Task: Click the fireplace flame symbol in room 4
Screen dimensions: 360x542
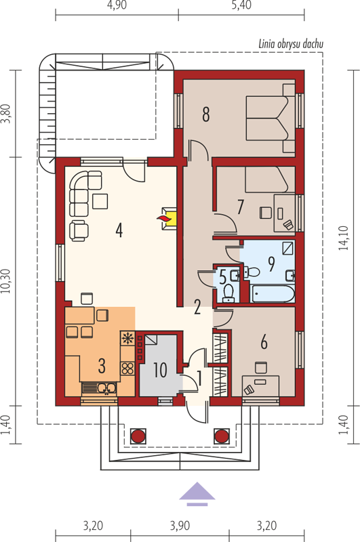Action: tap(163, 218)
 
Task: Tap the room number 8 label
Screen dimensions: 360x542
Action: tap(206, 114)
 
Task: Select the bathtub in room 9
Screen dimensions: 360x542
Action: tap(273, 294)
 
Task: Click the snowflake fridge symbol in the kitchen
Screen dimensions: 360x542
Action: tap(127, 338)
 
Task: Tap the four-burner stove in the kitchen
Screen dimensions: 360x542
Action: tap(127, 368)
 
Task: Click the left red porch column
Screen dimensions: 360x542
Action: tap(138, 436)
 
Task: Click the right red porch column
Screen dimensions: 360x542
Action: tap(222, 436)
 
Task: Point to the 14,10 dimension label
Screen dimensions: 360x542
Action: tap(344, 238)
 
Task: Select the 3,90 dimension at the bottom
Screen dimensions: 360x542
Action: tap(180, 526)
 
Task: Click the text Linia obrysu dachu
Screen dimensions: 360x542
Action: tap(291, 44)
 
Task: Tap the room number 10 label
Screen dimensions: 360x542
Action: tap(161, 370)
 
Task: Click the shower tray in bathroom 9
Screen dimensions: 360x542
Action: tap(288, 248)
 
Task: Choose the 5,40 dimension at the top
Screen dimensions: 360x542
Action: tap(242, 5)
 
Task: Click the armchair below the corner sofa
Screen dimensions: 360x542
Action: tap(79, 230)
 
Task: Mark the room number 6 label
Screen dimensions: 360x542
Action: tap(264, 342)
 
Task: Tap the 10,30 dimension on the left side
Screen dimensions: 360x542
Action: tap(6, 281)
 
